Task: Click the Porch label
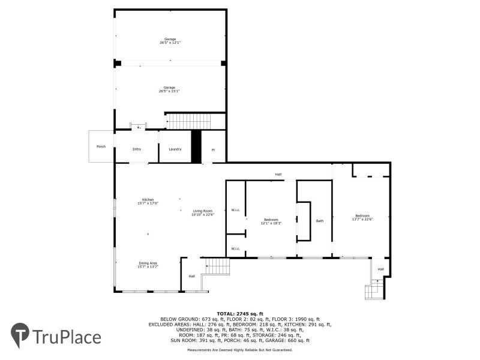point(101,146)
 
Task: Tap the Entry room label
point(137,149)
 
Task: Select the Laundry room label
point(175,149)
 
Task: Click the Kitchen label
point(148,199)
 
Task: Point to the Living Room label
point(203,211)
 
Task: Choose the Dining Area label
point(148,263)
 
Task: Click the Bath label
point(320,221)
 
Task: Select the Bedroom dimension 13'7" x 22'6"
point(362,220)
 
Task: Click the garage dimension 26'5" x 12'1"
point(170,43)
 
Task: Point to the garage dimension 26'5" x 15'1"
point(170,91)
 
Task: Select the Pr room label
point(212,150)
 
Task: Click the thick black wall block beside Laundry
point(196,146)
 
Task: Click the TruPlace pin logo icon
point(20,334)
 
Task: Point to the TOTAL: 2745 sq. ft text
point(240,314)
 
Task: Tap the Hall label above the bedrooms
point(278,175)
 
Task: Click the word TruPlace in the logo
point(67,337)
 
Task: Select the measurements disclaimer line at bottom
point(240,349)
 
